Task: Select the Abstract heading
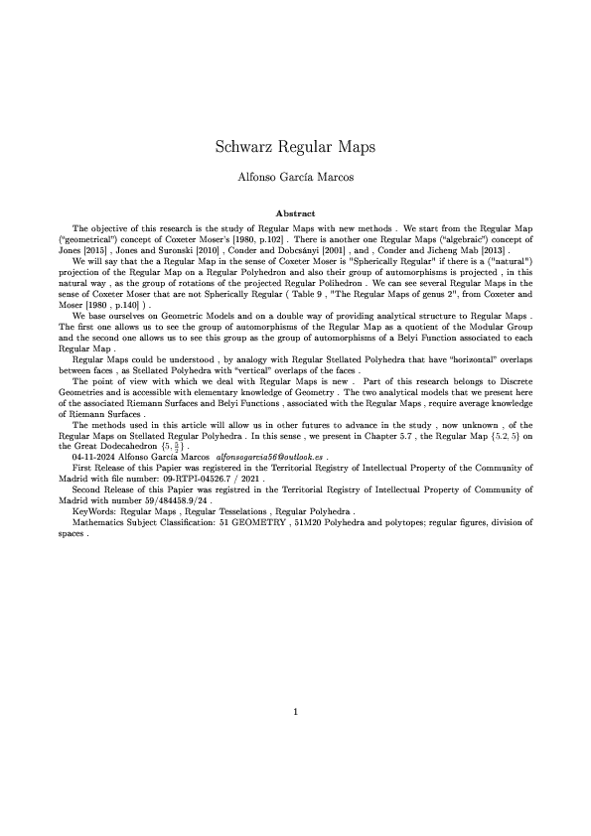pos(295,213)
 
